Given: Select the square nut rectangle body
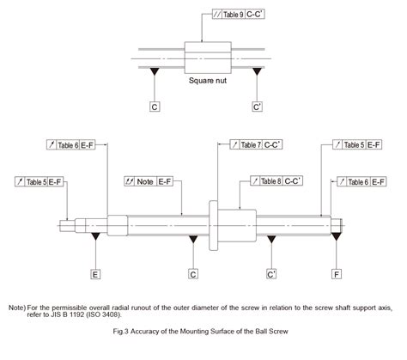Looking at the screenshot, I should (x=207, y=58).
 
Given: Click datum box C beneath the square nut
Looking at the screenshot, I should (x=155, y=107).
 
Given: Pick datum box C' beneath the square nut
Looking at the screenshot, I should (x=258, y=107).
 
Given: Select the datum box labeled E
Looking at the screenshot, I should (x=95, y=275).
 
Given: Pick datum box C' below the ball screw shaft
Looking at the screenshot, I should (x=271, y=275).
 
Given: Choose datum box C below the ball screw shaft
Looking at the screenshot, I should (x=194, y=275).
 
